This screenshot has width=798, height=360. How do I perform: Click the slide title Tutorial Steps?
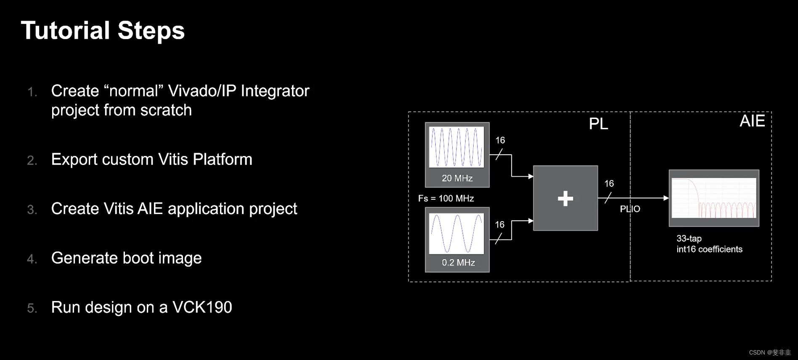click(103, 31)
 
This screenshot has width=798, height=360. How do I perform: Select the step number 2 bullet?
click(32, 161)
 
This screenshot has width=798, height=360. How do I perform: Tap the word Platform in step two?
click(222, 159)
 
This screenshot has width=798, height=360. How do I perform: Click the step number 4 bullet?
click(32, 259)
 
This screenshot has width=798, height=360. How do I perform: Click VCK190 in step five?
click(202, 307)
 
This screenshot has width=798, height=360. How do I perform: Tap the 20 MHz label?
click(457, 178)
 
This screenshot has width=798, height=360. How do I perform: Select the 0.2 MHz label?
click(458, 263)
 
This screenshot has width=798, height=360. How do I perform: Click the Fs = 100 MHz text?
click(446, 199)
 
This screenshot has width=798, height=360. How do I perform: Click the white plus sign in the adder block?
click(565, 199)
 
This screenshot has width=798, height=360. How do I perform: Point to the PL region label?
click(598, 124)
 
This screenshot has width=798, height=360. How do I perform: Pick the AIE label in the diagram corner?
click(752, 121)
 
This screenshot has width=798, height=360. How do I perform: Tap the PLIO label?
click(630, 209)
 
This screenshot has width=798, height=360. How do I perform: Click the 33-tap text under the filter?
click(689, 238)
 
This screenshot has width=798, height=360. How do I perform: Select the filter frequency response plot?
click(713, 198)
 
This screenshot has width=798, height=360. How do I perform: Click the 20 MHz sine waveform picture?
click(456, 147)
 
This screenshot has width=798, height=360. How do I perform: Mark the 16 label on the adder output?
click(609, 184)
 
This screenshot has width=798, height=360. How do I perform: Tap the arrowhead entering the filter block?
click(666, 198)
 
